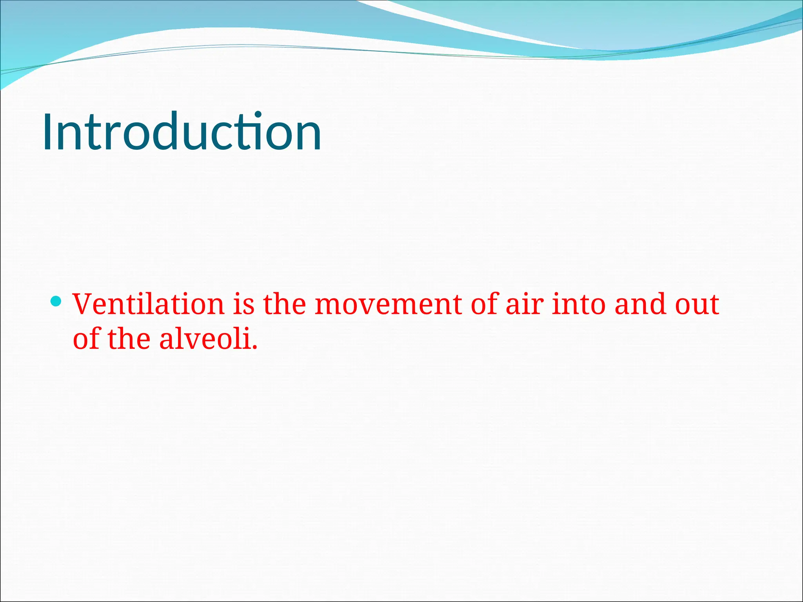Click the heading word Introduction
[x=182, y=132]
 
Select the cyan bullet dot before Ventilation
[x=56, y=301]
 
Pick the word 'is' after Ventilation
[x=244, y=305]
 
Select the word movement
[x=388, y=305]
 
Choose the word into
[x=579, y=305]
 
